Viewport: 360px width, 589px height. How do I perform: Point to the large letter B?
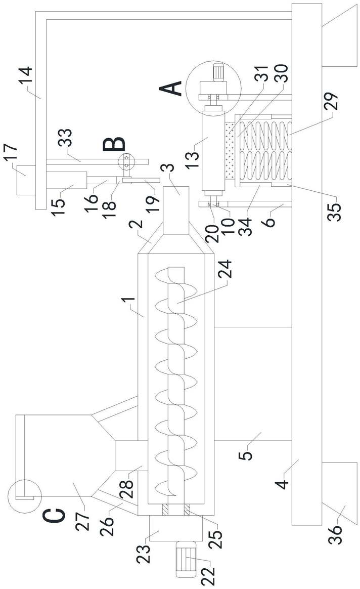pos(114,144)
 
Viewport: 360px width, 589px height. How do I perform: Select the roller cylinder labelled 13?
pos(210,150)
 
